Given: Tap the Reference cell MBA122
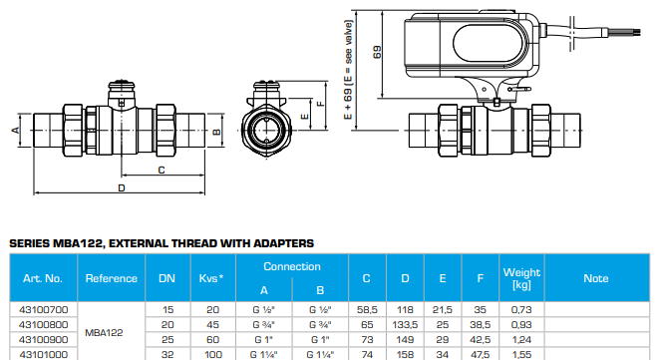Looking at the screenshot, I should tap(111, 332).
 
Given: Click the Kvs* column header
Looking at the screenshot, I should tap(212, 278).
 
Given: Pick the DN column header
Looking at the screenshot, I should tap(167, 278).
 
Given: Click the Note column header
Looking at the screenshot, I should tap(596, 278).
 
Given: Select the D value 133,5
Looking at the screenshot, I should tap(405, 325).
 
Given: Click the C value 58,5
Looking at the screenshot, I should tap(367, 311).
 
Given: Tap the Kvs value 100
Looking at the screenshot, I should tap(212, 353).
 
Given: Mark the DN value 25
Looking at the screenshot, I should tap(167, 339).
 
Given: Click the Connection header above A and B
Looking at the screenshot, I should tap(292, 266).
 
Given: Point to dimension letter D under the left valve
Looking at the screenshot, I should tap(121, 187).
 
